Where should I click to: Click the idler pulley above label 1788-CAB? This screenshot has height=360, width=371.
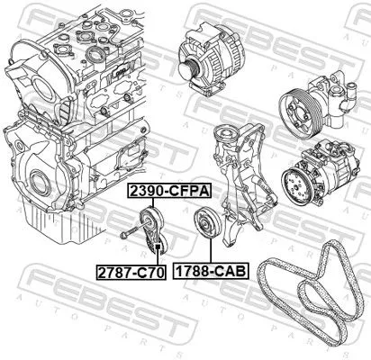(x=204, y=224)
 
